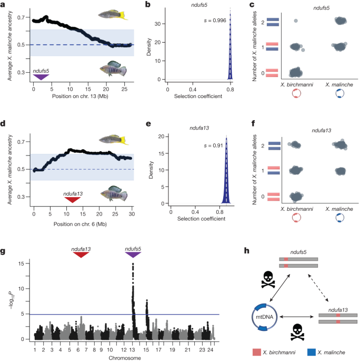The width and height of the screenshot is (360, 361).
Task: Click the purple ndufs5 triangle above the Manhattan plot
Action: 134,255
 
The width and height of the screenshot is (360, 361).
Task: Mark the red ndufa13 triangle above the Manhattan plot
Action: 81,255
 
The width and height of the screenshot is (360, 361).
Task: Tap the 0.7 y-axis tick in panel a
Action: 21,18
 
